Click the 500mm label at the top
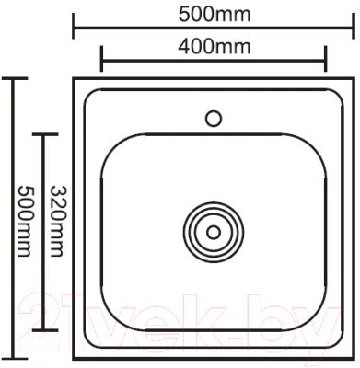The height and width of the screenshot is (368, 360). tap(214, 14)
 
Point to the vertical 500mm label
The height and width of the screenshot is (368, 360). tap(27, 221)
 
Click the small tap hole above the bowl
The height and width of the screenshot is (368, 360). tap(214, 118)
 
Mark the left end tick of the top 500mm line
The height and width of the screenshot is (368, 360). tap(75, 29)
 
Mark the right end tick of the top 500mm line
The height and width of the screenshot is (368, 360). tap(353, 29)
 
